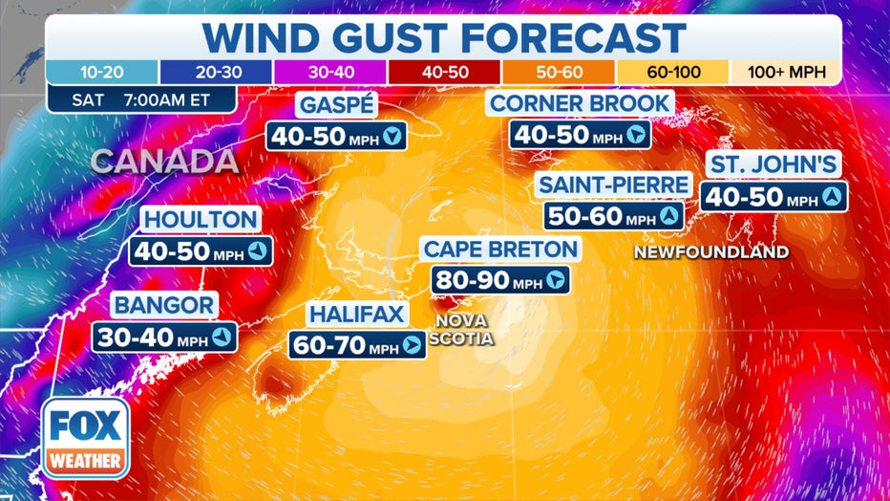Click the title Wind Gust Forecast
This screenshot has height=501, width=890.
(444, 37)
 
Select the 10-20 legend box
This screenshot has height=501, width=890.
(102, 72)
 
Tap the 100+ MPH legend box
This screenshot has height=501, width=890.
(785, 72)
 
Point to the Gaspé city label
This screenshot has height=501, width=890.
(337, 105)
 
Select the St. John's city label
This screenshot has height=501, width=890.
(774, 164)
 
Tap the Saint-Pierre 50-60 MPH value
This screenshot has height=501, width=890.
(599, 216)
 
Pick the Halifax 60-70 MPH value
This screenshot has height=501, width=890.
(343, 345)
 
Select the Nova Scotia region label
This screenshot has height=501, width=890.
(461, 329)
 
